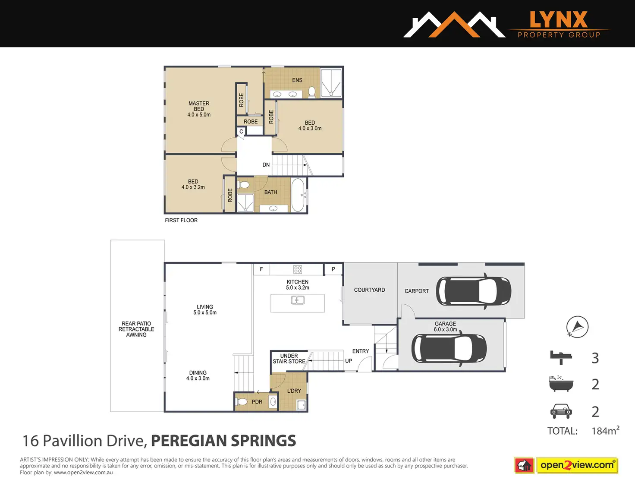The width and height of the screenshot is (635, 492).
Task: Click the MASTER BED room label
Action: coord(199,109)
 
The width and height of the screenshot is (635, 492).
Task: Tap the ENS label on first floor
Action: coord(297,80)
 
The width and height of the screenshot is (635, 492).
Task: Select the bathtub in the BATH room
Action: coord(298,195)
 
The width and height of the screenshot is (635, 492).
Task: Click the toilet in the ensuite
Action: coord(312,92)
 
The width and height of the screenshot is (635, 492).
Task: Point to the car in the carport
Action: coord(474,291)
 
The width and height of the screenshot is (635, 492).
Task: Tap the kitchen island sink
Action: coord(298,300)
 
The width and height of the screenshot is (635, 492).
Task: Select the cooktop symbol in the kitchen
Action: coord(298,269)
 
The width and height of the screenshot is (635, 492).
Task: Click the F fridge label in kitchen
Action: coord(261,269)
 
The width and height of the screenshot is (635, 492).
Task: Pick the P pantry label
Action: coord(333,269)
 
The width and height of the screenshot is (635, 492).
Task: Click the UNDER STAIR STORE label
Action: coord(289,359)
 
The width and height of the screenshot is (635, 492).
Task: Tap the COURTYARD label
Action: coord(369,290)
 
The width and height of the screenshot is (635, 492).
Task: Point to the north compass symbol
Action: coord(577,327)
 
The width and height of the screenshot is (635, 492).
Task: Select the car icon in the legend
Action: coord(561,411)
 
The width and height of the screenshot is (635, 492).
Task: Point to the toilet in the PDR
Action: coord(242,402)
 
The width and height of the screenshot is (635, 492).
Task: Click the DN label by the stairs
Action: coord(266,165)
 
